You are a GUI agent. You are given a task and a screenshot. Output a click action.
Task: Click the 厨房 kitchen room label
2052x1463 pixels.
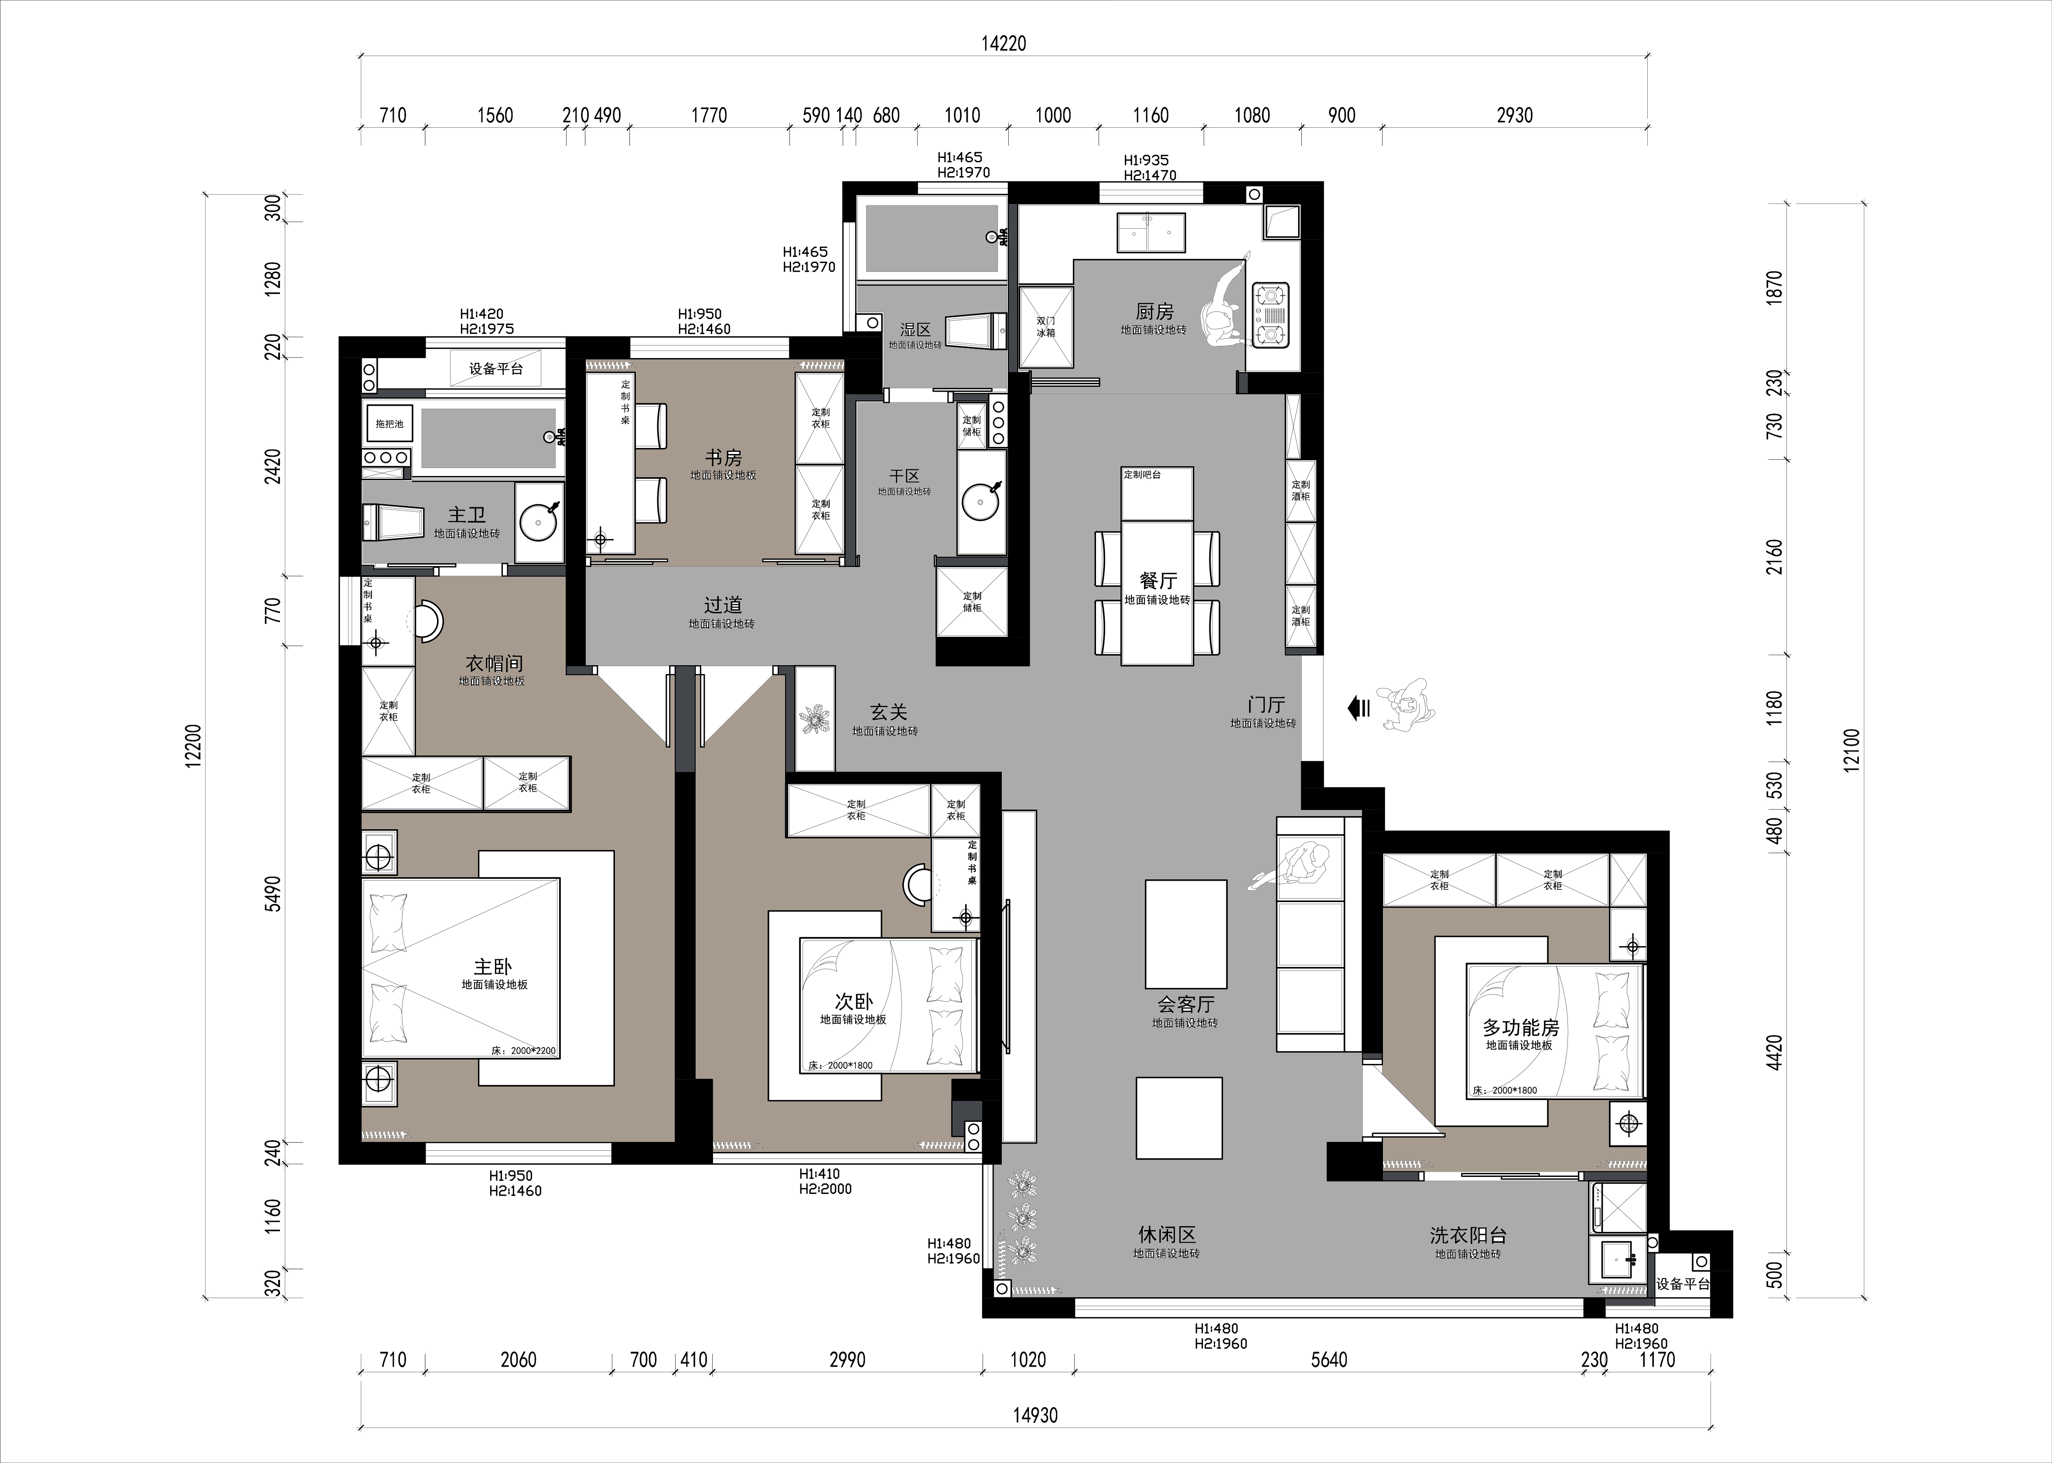(1154, 312)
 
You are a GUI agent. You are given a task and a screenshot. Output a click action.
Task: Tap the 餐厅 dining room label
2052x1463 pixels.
(1157, 581)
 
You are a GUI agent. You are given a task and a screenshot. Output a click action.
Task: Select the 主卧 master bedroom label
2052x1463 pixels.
(493, 967)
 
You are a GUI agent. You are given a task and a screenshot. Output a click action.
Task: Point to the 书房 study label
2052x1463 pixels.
(724, 458)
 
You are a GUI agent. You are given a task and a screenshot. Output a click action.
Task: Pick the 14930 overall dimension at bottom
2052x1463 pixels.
(1035, 1415)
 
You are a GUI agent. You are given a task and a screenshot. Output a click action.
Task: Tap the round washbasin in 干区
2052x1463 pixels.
(980, 502)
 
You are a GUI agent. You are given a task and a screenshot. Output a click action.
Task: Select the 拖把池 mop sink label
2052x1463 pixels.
(389, 424)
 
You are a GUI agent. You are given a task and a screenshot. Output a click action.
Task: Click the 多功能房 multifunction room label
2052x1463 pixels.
(1520, 1027)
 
